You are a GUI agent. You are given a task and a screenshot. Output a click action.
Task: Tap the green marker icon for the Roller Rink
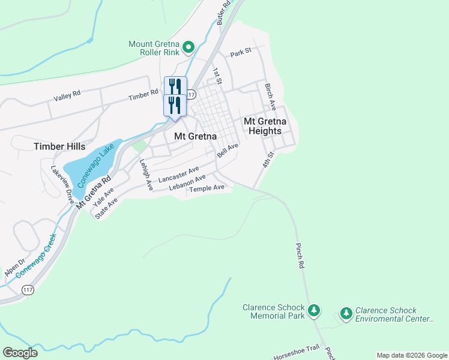[188, 47]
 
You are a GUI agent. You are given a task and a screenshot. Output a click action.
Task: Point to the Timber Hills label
[59, 146]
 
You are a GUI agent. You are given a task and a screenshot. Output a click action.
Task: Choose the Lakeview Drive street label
[62, 184]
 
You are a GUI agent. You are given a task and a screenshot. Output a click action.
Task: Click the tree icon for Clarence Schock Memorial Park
[313, 311]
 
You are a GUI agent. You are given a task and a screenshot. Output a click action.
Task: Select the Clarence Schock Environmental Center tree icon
[346, 313]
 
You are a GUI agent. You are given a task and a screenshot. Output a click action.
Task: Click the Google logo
[20, 353]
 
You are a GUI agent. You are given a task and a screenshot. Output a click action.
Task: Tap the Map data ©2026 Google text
[411, 355]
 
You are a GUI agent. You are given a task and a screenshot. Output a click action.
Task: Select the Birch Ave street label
[270, 97]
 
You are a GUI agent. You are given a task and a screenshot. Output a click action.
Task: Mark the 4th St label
[268, 160]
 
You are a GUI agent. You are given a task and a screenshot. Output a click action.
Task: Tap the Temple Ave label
[206, 188]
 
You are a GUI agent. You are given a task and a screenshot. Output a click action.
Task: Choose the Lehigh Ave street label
[146, 175]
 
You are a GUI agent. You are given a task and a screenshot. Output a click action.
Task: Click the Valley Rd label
[67, 98]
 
